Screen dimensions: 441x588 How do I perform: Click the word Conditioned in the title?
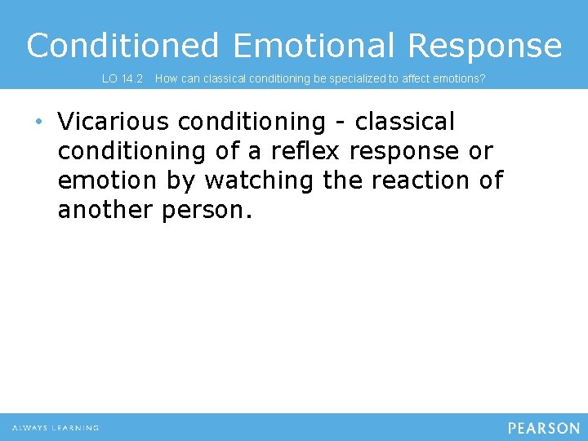(122, 46)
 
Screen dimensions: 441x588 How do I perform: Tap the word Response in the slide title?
(485, 46)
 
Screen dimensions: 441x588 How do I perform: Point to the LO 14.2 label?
(122, 79)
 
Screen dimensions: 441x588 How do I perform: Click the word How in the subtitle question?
(166, 79)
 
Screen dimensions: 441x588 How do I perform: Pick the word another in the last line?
(105, 210)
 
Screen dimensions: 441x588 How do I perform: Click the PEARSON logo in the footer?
(543, 428)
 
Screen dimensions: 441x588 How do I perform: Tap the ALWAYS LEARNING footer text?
(56, 428)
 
